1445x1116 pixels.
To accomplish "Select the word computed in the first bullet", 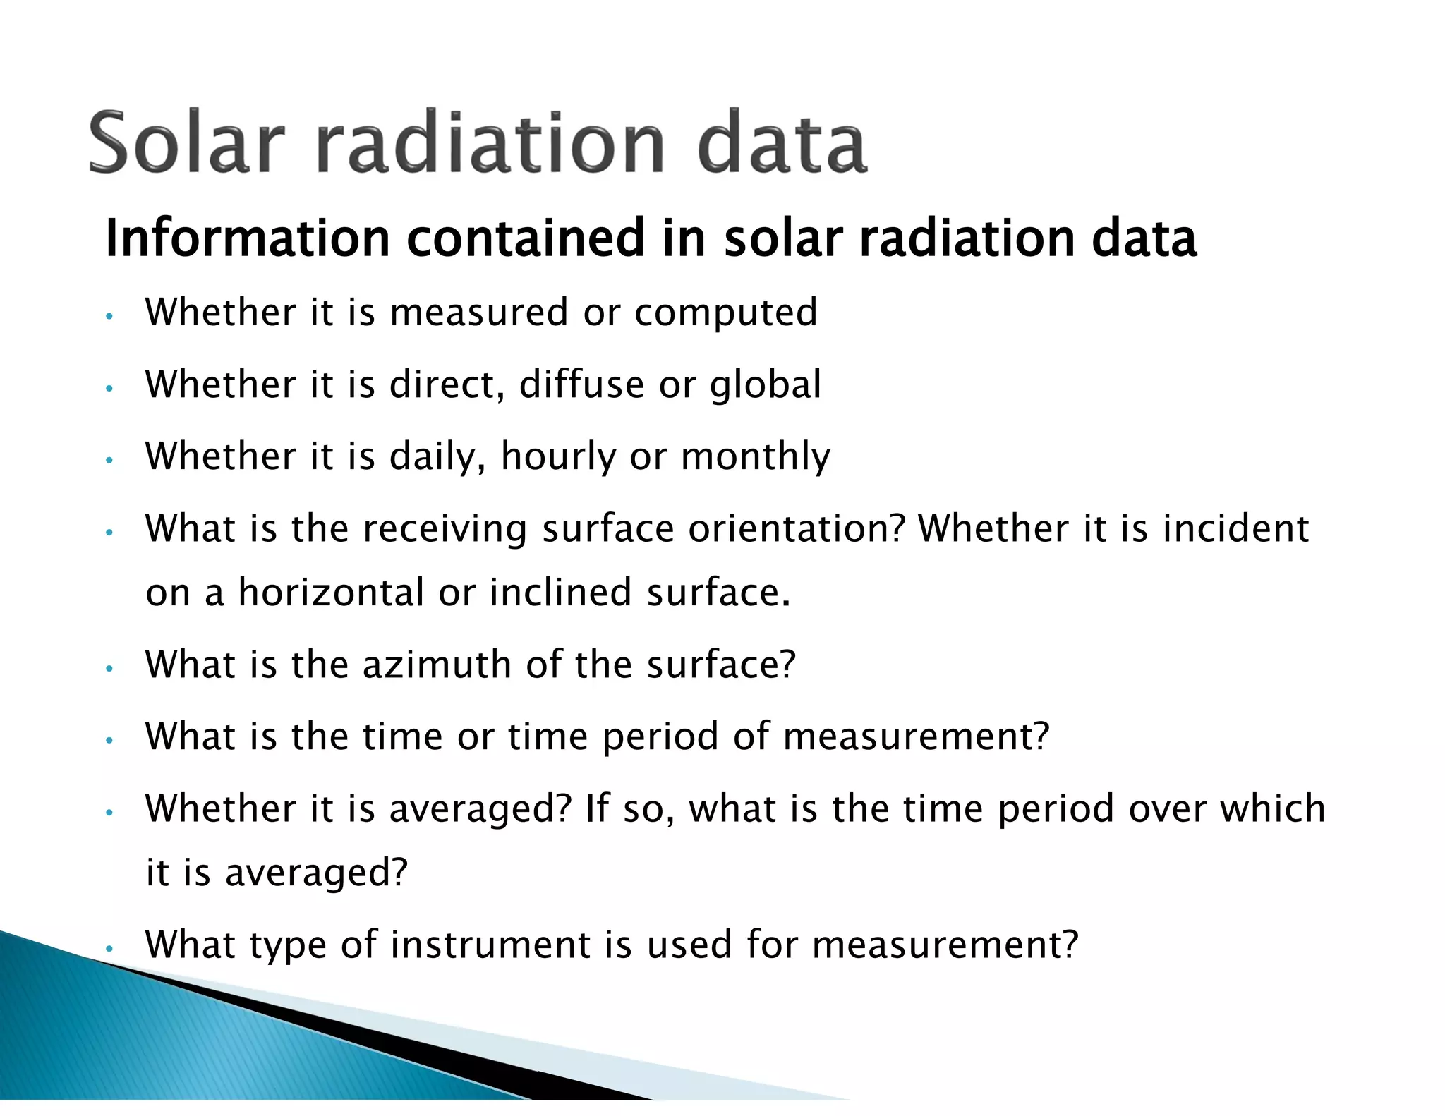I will (x=726, y=313).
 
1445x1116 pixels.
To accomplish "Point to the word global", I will (x=766, y=386).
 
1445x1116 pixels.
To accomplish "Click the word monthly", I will (x=756, y=456).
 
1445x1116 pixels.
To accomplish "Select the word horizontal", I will (x=331, y=593).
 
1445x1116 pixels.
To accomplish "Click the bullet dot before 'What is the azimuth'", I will (x=109, y=668).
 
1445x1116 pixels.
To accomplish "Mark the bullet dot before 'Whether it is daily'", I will (x=109, y=460).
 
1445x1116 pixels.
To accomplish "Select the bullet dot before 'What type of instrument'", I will (x=109, y=948).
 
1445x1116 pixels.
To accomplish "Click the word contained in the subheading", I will (x=525, y=238).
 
